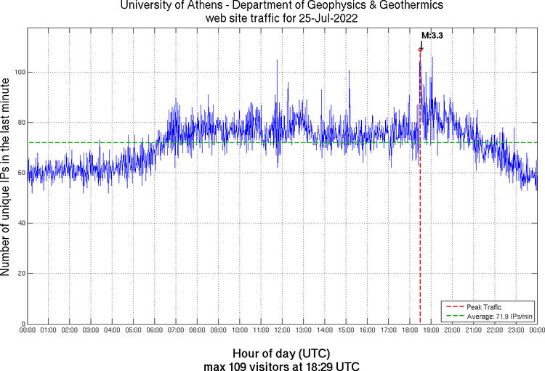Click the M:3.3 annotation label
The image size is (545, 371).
pos(432,35)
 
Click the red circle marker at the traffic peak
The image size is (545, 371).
pos(420,49)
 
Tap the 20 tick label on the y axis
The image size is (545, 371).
pos(20,274)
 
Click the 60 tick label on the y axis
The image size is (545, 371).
pos(20,173)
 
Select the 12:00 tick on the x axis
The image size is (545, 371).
pos(281,330)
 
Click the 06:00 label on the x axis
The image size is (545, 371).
pos(154,330)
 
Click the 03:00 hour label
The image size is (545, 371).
pos(91,330)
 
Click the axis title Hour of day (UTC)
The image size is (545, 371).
pos(281,352)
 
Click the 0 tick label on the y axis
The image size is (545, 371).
pos(22,324)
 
